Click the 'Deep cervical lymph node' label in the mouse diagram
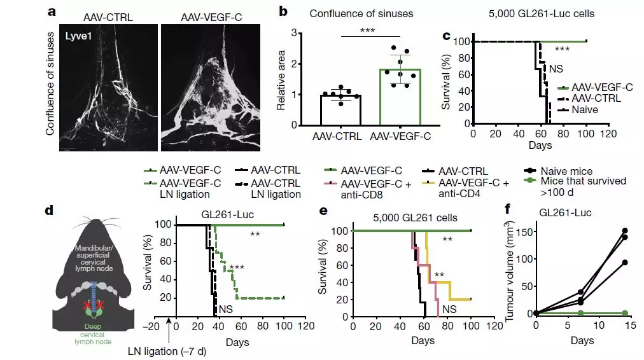click(94, 335)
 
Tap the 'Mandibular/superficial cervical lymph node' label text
click(94, 258)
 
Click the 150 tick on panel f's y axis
click(524, 230)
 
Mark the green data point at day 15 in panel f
click(625, 313)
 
